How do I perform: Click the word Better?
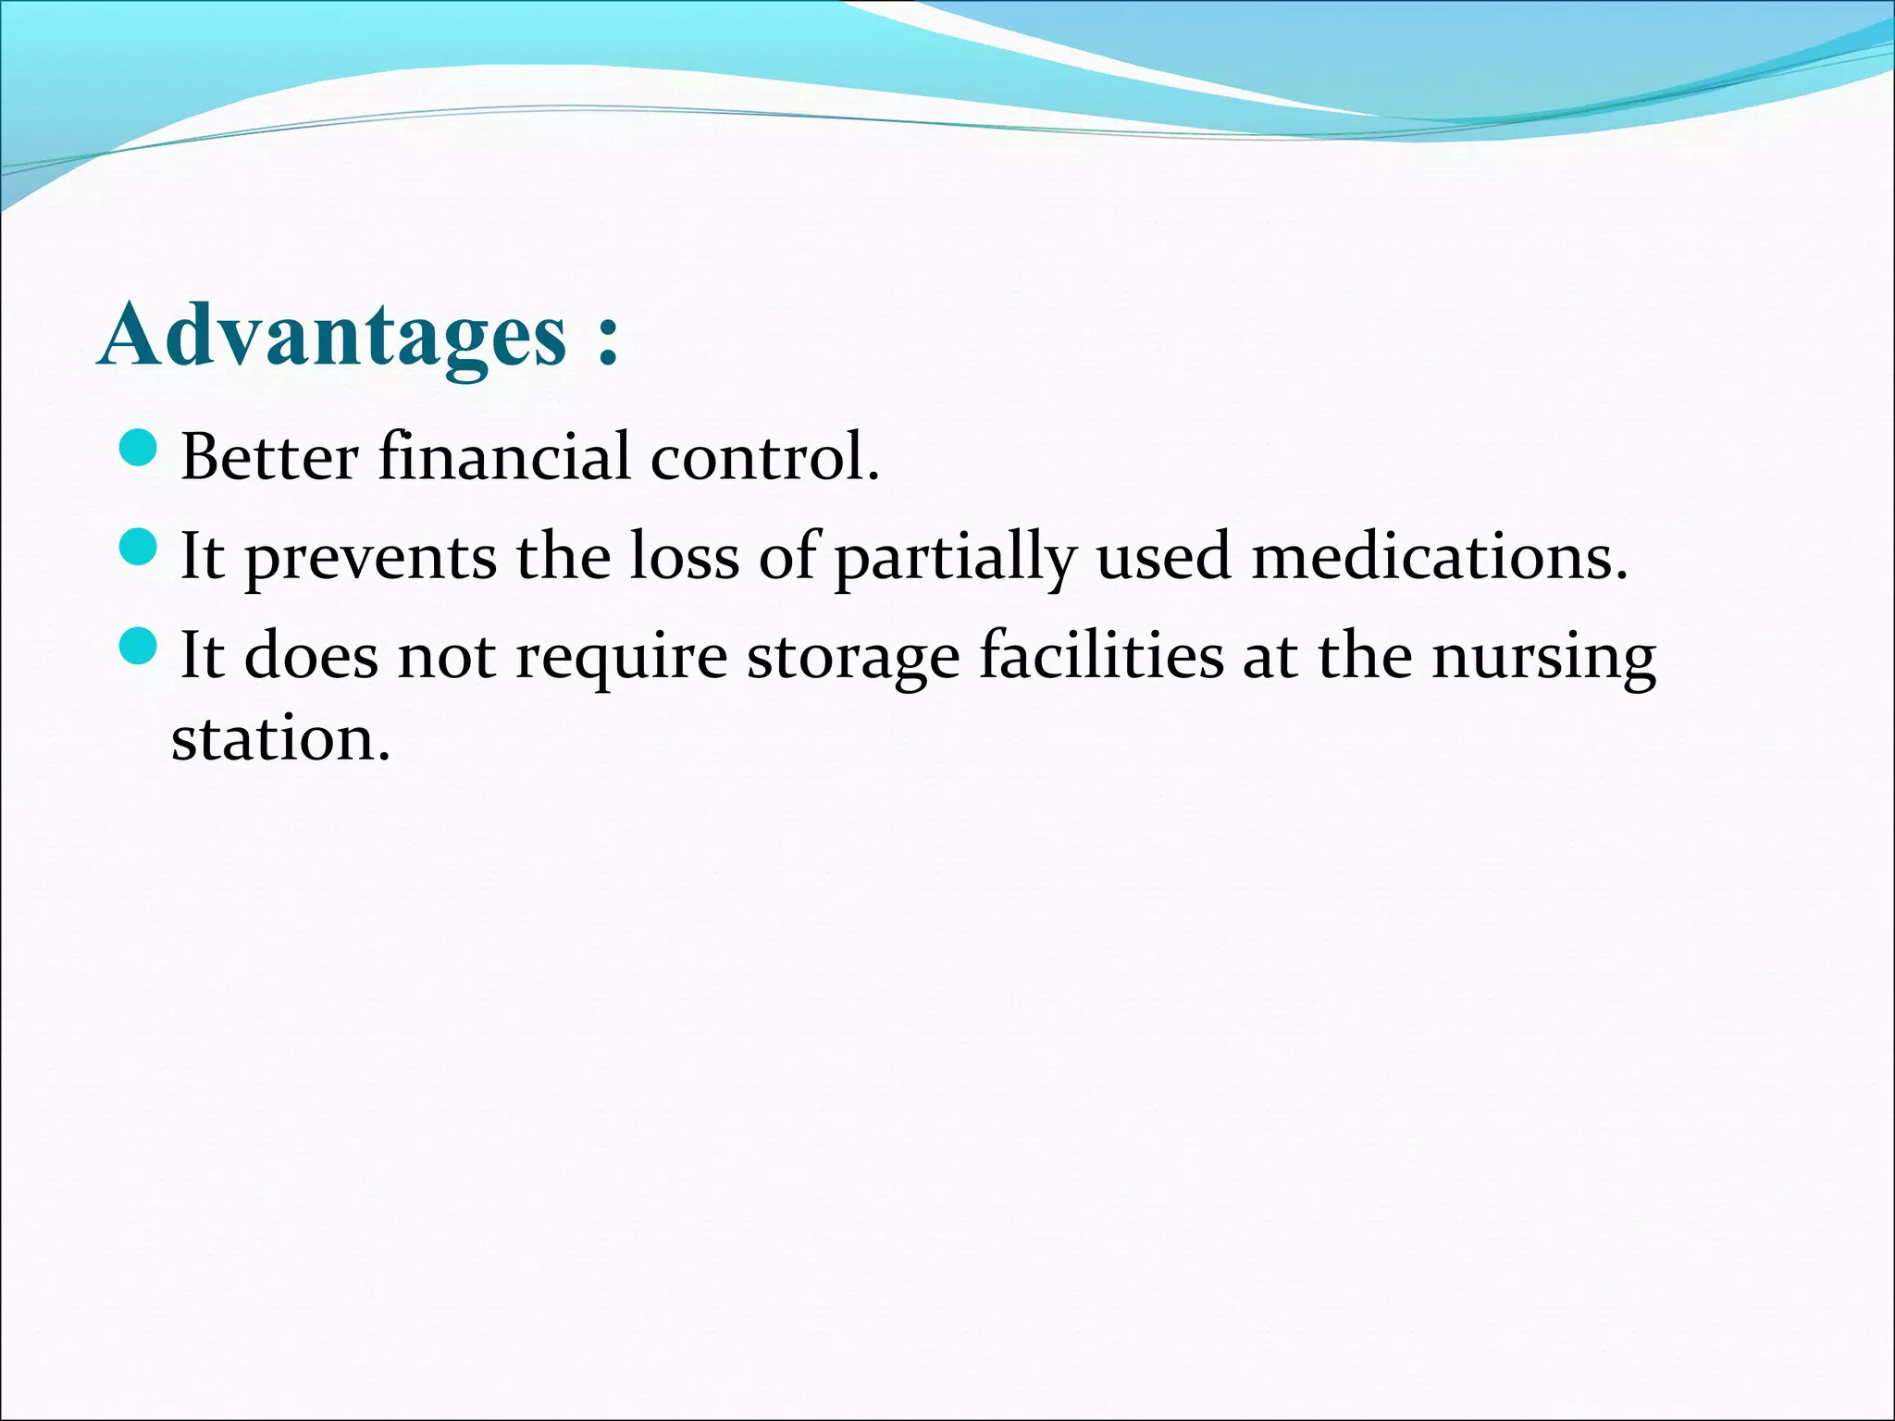269,457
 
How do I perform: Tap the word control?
764,457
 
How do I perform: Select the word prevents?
370,558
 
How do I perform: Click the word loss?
685,556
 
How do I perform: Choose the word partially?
956,558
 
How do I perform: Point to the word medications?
1439,556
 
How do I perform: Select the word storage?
853,658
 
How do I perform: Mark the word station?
280,739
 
